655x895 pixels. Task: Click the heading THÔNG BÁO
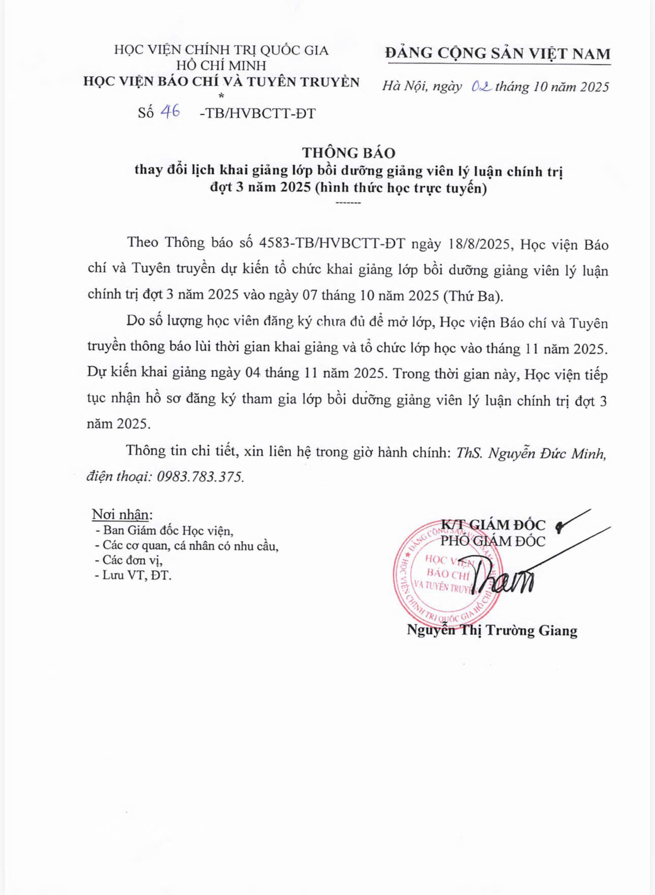[348, 152]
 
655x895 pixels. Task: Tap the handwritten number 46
[170, 112]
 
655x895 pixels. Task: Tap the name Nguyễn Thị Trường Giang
[492, 631]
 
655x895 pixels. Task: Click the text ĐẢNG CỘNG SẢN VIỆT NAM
[498, 53]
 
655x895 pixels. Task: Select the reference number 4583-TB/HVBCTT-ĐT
[332, 243]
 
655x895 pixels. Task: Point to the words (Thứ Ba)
[472, 296]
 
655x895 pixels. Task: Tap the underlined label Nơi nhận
[122, 514]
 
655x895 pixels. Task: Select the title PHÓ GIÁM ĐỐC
[493, 541]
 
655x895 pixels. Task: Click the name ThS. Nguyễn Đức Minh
[531, 452]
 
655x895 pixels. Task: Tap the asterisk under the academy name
[221, 95]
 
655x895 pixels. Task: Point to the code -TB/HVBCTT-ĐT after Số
[257, 113]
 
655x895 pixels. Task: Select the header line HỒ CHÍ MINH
[221, 65]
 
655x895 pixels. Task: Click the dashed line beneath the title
[348, 203]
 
